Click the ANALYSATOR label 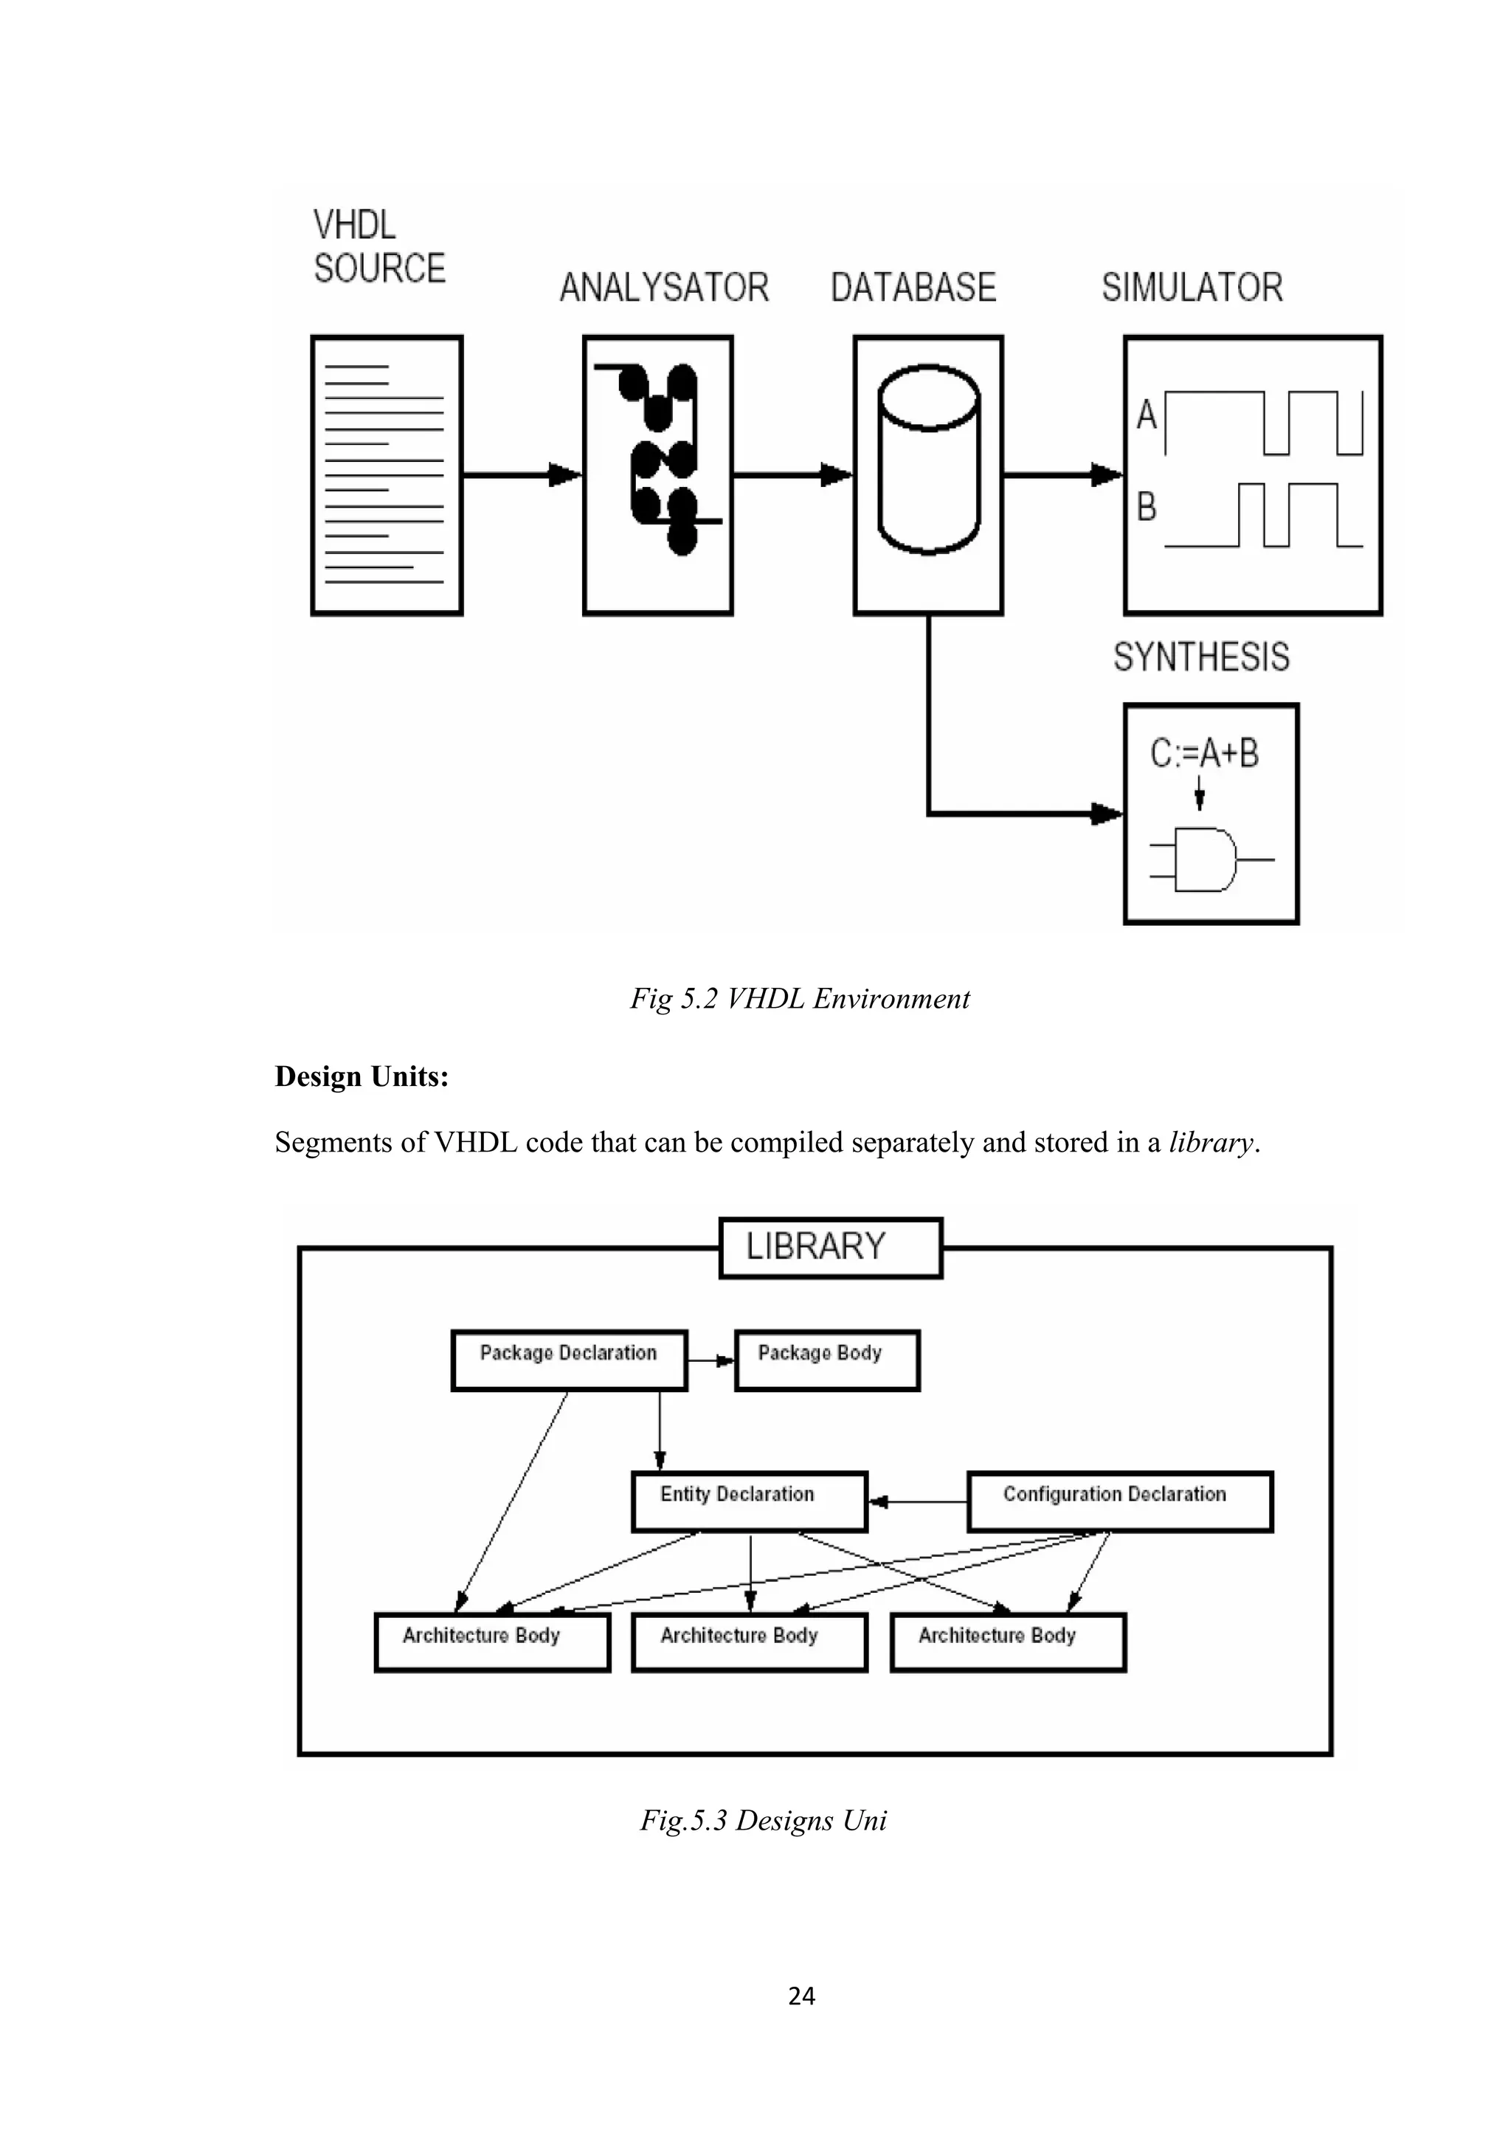pyautogui.click(x=664, y=288)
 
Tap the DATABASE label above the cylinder pyautogui.click(x=913, y=288)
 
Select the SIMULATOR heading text pyautogui.click(x=1192, y=288)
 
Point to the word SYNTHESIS pyautogui.click(x=1201, y=657)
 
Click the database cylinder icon pyautogui.click(x=928, y=460)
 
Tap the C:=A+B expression pyautogui.click(x=1204, y=753)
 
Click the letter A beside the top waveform pyautogui.click(x=1146, y=415)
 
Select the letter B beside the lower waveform pyautogui.click(x=1146, y=508)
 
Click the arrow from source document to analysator pyautogui.click(x=522, y=475)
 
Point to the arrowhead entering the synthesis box pyautogui.click(x=1107, y=814)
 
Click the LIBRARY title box pyautogui.click(x=831, y=1248)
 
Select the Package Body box pyautogui.click(x=827, y=1360)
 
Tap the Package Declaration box pyautogui.click(x=569, y=1360)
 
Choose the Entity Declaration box pyautogui.click(x=749, y=1501)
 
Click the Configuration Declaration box pyautogui.click(x=1119, y=1501)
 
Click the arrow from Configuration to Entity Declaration pyautogui.click(x=917, y=1501)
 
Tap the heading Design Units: pyautogui.click(x=362, y=1076)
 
